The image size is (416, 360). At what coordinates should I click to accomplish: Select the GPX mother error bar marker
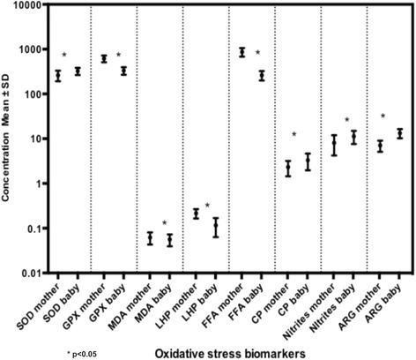104,59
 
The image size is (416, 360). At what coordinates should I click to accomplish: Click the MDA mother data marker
150,238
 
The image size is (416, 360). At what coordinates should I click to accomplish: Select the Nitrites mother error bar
333,145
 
